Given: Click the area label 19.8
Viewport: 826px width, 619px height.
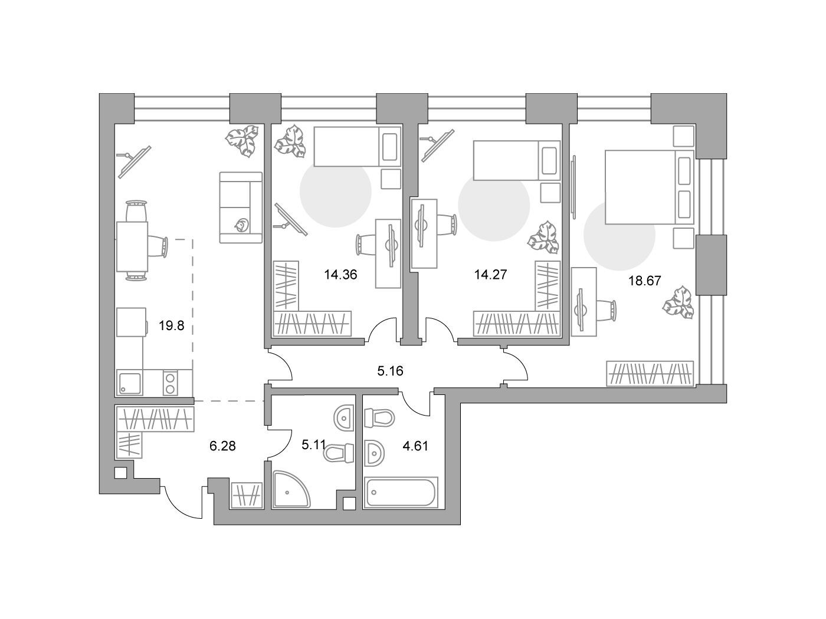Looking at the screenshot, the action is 171,325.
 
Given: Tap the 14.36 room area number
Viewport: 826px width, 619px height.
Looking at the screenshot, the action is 340,275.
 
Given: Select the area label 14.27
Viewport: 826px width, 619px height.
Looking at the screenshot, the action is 490,275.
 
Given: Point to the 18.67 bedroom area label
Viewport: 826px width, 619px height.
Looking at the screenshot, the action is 645,281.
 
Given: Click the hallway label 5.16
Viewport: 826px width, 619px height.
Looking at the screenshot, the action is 390,371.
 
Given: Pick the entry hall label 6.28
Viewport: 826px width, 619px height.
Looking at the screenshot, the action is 222,446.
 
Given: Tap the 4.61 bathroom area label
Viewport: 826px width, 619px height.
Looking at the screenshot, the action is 415,446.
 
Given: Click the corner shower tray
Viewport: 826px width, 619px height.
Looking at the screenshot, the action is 291,489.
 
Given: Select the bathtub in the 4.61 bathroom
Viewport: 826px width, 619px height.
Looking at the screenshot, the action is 401,493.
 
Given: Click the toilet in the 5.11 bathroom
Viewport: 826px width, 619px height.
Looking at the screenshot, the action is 339,453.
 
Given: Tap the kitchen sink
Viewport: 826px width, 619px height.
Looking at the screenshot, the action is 130,382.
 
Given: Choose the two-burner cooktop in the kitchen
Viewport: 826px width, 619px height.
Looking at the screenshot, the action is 170,382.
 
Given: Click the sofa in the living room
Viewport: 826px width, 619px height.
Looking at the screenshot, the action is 241,208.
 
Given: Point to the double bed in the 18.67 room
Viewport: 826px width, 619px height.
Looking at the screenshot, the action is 649,187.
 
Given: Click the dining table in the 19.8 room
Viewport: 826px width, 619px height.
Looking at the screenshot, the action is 132,246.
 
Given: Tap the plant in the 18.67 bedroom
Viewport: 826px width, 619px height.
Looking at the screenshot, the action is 678,302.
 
